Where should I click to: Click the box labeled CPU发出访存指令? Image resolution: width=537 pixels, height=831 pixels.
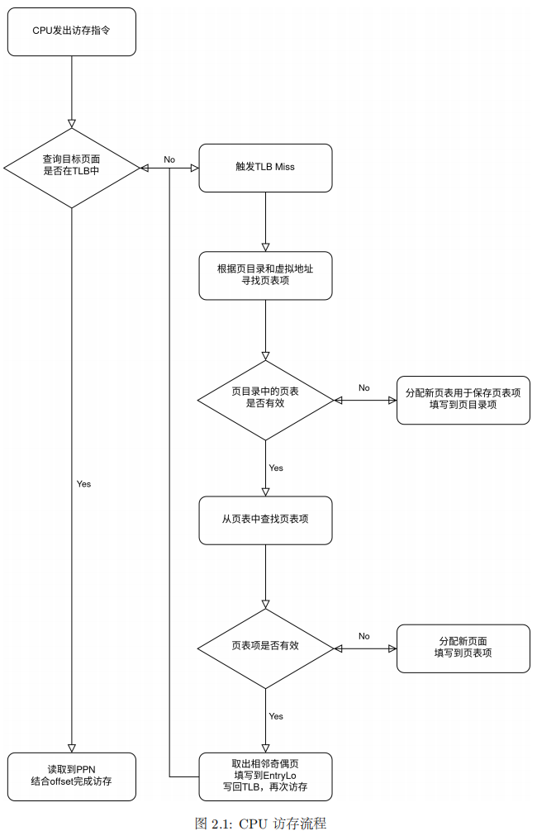coord(71,31)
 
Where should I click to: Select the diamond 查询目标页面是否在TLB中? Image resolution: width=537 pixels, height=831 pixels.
coord(71,168)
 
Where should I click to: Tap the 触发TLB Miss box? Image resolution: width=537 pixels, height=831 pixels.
coord(265,168)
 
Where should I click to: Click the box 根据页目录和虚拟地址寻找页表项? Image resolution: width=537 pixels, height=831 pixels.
coord(265,275)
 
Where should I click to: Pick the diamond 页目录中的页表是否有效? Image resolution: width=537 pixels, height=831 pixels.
coord(265,400)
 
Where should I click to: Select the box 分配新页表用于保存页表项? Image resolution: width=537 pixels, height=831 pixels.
coord(463,400)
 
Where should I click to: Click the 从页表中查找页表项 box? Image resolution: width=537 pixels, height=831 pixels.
coord(265,520)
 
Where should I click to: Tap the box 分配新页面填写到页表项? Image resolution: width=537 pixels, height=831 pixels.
coord(463,648)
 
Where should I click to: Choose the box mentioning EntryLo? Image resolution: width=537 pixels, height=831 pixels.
coord(265,776)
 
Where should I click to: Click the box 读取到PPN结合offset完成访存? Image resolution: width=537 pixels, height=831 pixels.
coord(71,776)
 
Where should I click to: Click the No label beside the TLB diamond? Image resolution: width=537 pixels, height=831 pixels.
coord(169,159)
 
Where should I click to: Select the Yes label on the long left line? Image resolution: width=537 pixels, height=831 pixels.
coord(83,484)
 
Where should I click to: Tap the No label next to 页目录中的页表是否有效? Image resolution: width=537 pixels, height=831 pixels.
coord(364,387)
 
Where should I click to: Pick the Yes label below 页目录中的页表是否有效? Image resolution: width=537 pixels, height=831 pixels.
coord(276,468)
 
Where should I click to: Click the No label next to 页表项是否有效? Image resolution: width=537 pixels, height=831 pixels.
coord(364,636)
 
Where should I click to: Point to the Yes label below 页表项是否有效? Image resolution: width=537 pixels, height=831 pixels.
coord(276,716)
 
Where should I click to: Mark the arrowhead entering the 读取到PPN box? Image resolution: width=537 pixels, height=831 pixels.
coord(71,747)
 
